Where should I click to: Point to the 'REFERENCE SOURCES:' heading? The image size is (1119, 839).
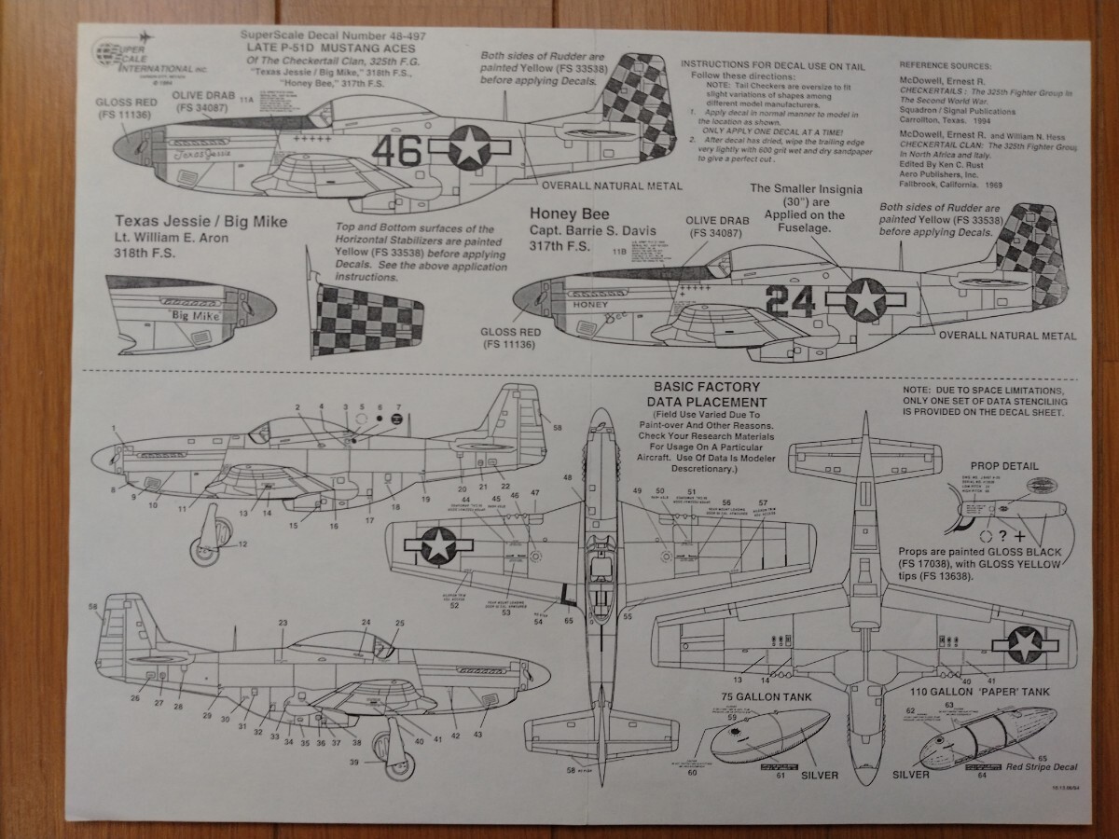coord(946,66)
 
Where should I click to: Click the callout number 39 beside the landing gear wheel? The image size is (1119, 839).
coord(355,763)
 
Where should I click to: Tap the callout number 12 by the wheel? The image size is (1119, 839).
coord(242,543)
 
